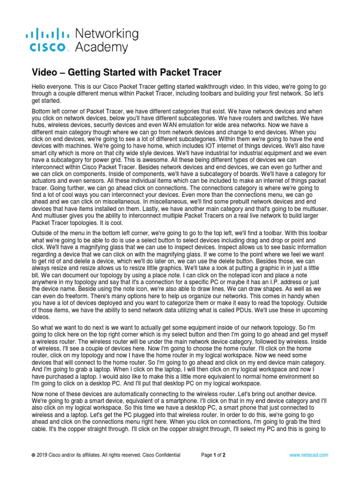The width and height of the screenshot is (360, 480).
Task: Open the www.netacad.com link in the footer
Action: coord(308,455)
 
